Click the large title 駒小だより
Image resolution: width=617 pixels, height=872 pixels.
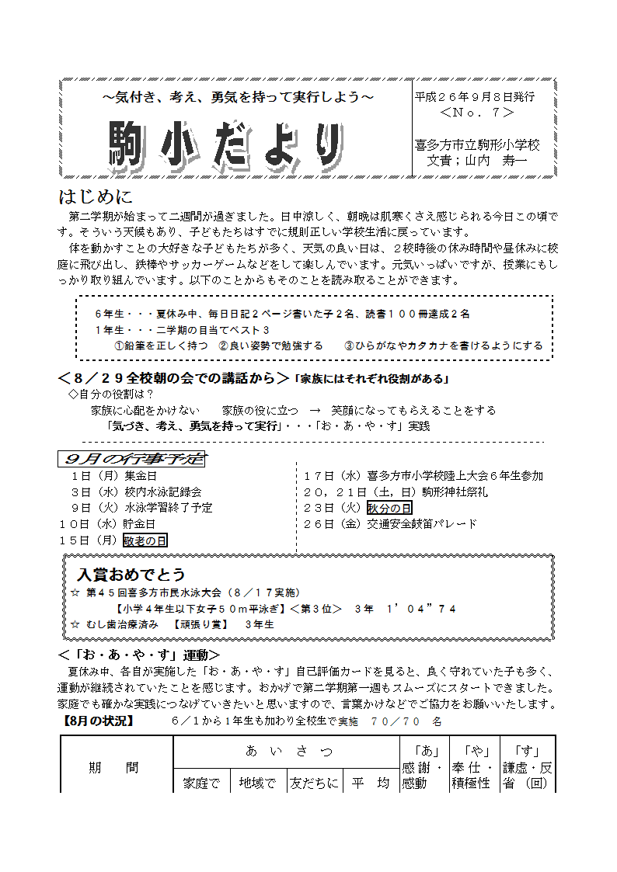coord(225,144)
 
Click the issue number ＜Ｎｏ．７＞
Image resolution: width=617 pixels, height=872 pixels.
coord(476,113)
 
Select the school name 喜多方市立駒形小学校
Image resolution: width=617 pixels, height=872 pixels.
coord(477,145)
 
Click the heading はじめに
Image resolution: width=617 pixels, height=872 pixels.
coord(96,196)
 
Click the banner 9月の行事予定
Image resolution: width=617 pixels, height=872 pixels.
coord(131,459)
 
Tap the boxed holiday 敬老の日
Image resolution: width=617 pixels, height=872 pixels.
coord(145,540)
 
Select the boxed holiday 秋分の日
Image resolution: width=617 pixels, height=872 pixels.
coord(389,508)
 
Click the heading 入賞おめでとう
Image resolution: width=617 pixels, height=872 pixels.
coord(131,575)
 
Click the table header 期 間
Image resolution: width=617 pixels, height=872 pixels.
coord(113,767)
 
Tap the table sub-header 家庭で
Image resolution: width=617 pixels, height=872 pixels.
coord(201,783)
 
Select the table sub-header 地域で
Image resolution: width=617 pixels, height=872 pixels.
coord(258,783)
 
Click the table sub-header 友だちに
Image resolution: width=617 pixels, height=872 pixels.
coord(314,783)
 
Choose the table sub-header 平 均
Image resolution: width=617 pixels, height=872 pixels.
coord(370,783)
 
